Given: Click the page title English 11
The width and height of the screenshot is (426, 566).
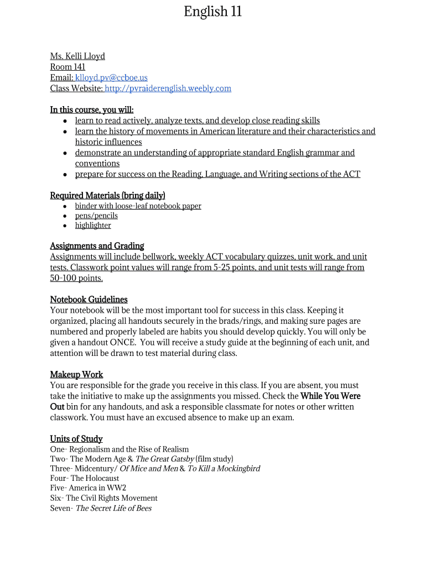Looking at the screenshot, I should pyautogui.click(x=213, y=12).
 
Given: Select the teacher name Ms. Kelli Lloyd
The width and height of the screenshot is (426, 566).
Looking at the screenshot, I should pyautogui.click(x=77, y=56).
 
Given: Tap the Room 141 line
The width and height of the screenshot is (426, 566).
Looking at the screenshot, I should pyautogui.click(x=67, y=67).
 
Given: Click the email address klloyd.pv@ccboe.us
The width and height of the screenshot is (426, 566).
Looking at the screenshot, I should pyautogui.click(x=111, y=78).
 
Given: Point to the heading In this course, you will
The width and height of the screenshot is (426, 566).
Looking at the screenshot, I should pyautogui.click(x=92, y=110).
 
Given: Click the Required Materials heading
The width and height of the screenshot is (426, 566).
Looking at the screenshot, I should pyautogui.click(x=107, y=196).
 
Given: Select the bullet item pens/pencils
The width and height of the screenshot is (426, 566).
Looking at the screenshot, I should pyautogui.click(x=96, y=216).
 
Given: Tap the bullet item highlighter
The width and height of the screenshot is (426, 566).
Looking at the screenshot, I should pyautogui.click(x=93, y=226).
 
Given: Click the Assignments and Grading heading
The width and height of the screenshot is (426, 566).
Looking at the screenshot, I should pyautogui.click(x=97, y=246).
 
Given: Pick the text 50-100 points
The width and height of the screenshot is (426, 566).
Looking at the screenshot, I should pyautogui.click(x=76, y=278).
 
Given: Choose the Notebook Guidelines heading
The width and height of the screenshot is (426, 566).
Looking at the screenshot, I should pyautogui.click(x=89, y=300).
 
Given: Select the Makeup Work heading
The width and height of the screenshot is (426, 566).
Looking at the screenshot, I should pyautogui.click(x=76, y=375).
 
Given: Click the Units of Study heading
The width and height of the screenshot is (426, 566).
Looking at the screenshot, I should pyautogui.click(x=76, y=439).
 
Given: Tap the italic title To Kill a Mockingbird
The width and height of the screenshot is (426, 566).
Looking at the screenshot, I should pyautogui.click(x=224, y=469).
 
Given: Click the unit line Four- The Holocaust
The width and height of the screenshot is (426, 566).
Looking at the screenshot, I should pyautogui.click(x=85, y=478).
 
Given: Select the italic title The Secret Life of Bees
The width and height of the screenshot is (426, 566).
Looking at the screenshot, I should pyautogui.click(x=113, y=509).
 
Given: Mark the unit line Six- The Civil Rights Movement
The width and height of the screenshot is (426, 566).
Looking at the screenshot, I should pyautogui.click(x=103, y=498).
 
